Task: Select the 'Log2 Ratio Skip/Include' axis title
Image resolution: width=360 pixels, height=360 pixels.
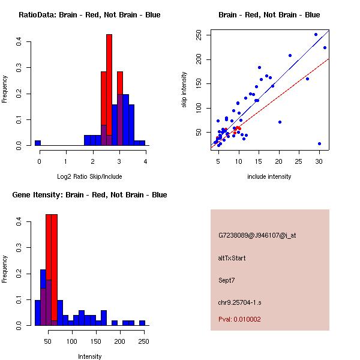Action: click(89, 176)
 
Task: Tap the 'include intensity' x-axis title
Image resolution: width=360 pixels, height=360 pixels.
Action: click(269, 176)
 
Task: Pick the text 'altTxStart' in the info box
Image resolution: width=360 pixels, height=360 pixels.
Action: click(232, 258)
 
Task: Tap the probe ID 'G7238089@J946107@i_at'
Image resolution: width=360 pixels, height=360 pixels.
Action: click(257, 235)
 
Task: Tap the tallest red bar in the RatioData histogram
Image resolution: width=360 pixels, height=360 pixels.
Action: click(109, 90)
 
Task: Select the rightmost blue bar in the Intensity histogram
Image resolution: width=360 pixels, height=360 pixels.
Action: click(142, 323)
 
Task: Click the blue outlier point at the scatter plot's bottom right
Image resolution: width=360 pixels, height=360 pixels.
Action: click(319, 144)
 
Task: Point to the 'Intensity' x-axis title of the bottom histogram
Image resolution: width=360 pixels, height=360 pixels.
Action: click(89, 356)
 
